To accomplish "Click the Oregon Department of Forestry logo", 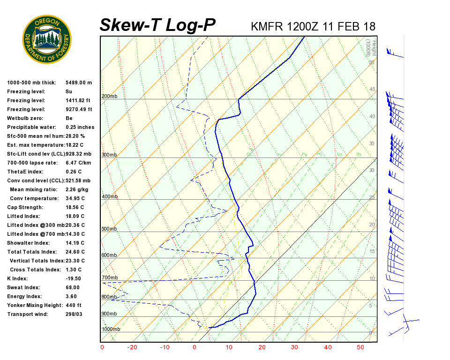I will (47, 39).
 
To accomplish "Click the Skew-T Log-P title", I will (158, 25).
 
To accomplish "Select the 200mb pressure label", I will (109, 97).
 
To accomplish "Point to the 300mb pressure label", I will (109, 155).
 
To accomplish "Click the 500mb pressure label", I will (109, 229).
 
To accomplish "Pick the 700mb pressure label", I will (109, 278).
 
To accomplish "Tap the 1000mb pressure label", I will (111, 329).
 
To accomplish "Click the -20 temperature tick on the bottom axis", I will (133, 347).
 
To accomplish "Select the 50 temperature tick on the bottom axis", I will (360, 347).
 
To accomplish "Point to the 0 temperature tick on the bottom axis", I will (195, 347).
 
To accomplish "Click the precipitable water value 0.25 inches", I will (80, 127).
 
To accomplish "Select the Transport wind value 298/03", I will (74, 314).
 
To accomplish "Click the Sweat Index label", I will (23, 287).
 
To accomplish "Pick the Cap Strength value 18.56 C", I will (75, 207).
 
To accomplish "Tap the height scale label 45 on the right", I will (372, 90).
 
